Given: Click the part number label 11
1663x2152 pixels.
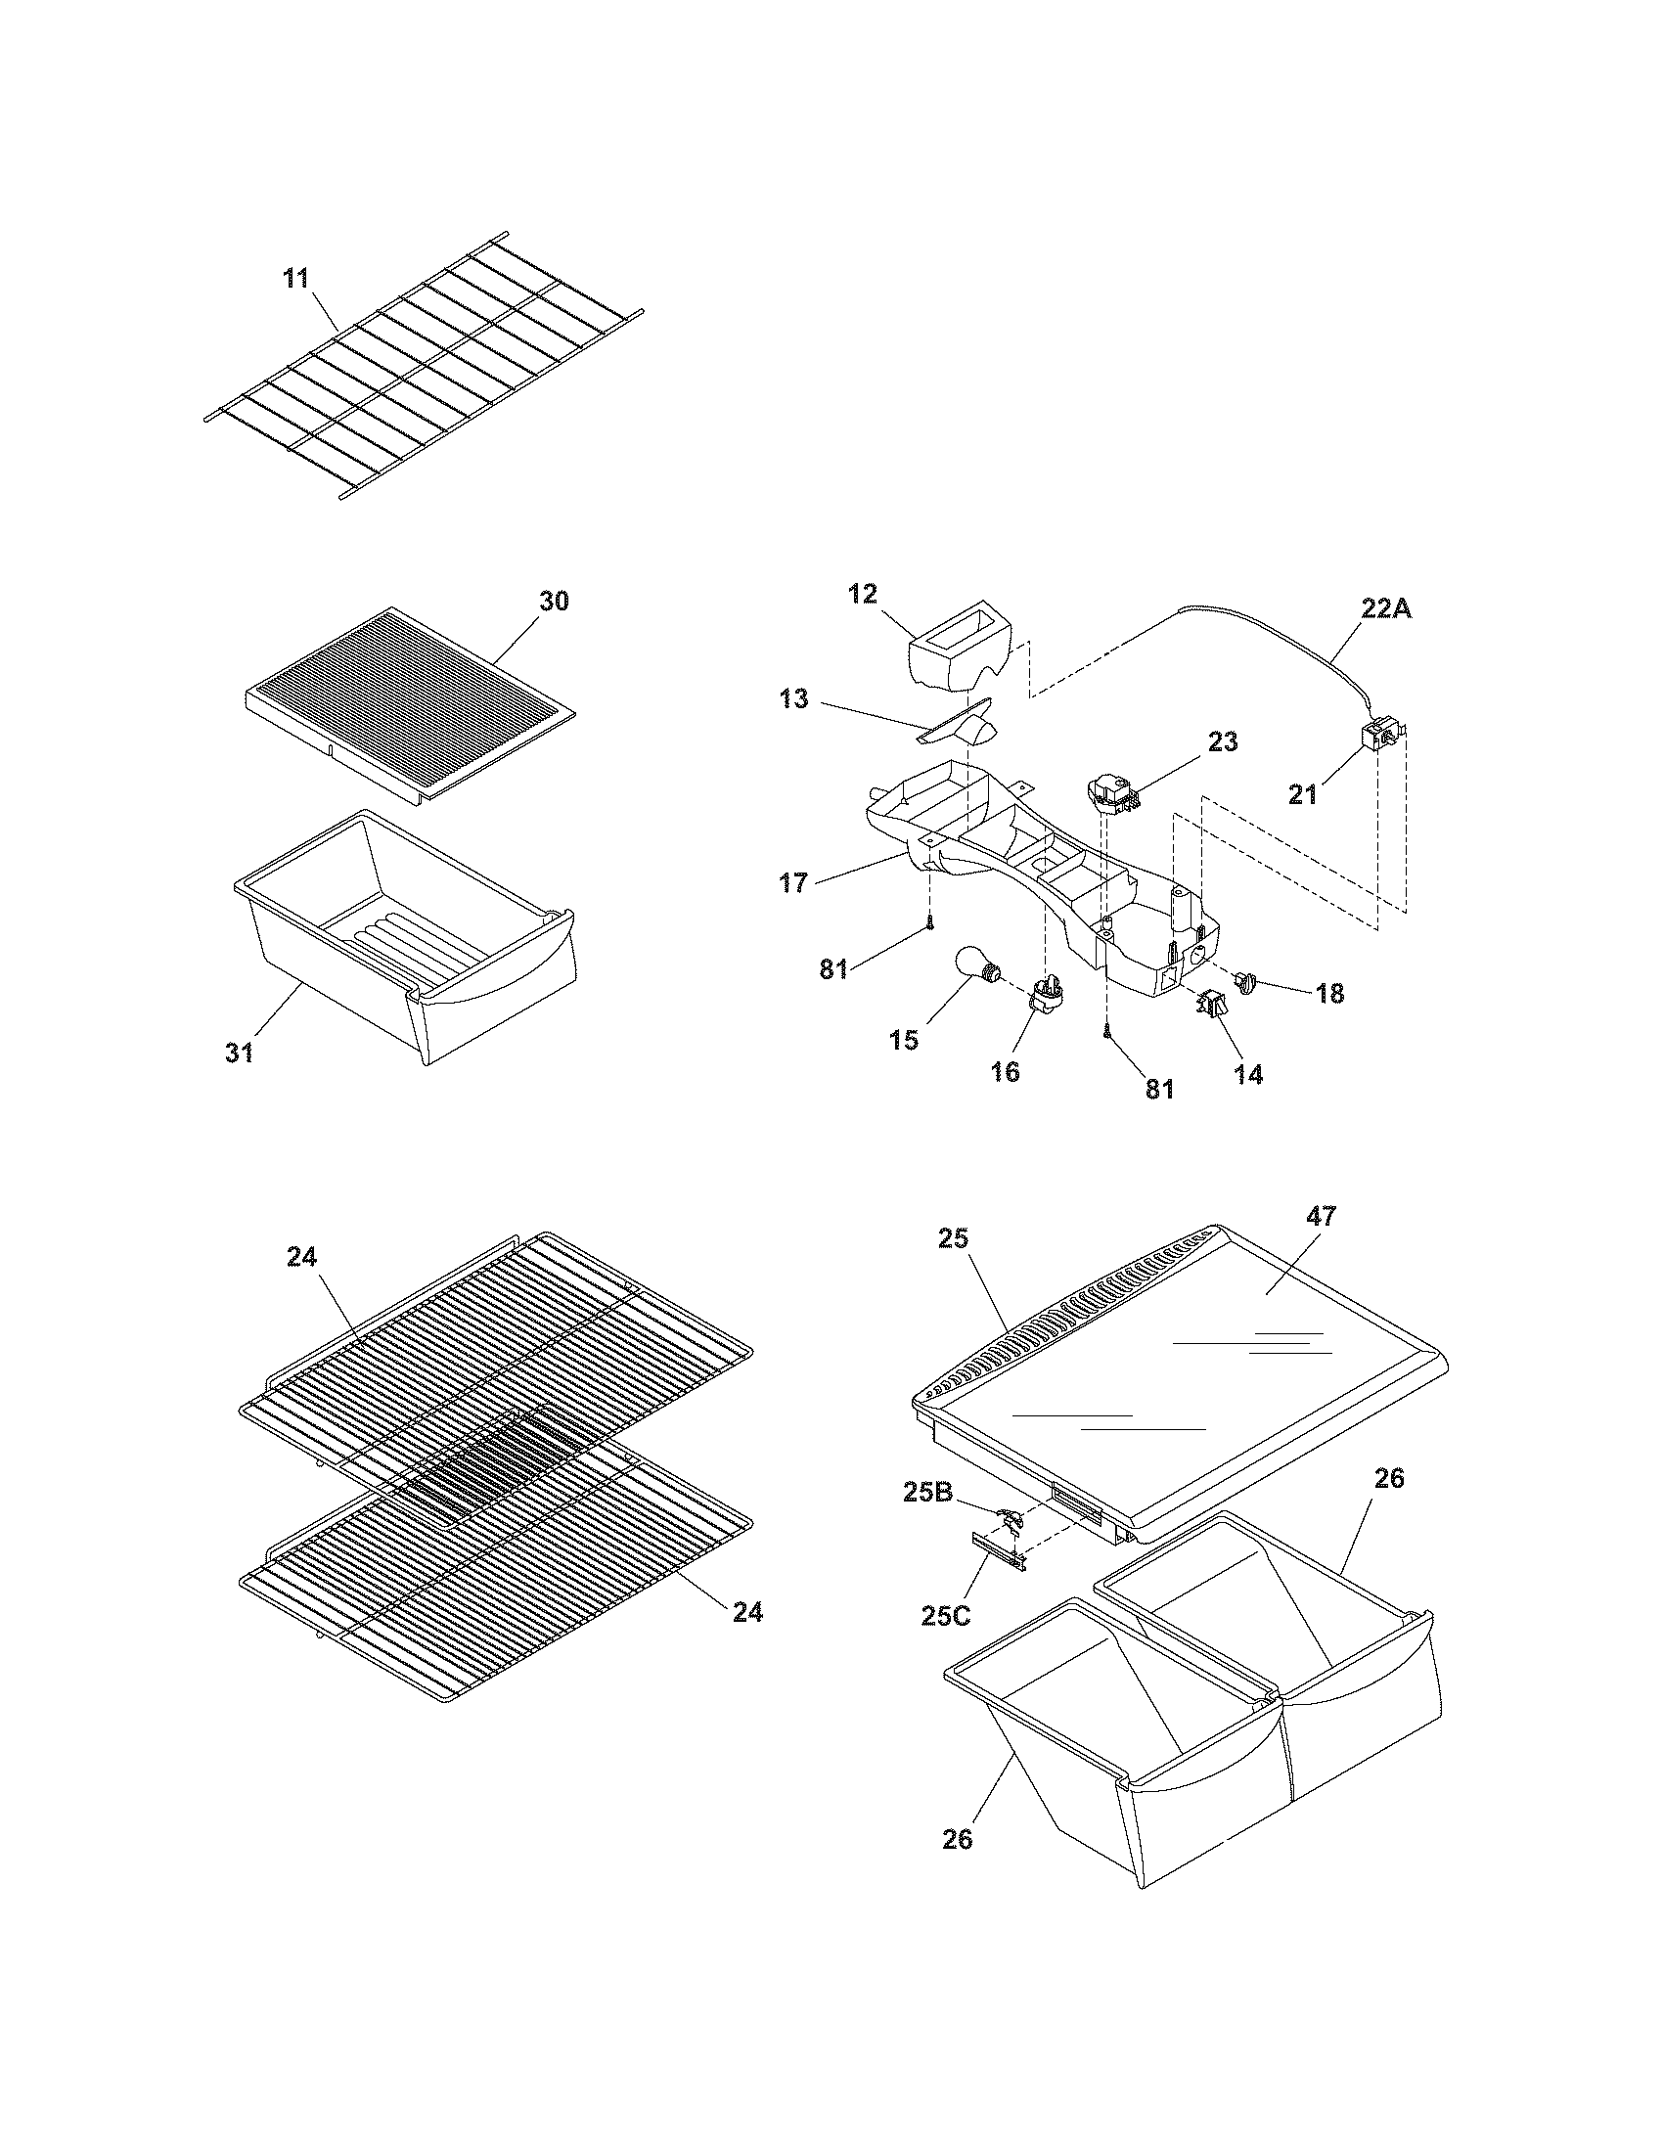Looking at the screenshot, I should [x=295, y=278].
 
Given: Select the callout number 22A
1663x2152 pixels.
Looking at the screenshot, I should [x=1386, y=609].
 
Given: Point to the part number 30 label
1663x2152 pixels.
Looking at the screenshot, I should [x=554, y=600].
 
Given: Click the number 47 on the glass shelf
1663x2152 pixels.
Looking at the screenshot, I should [x=1321, y=1217].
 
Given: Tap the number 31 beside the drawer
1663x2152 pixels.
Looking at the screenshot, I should [x=240, y=1053].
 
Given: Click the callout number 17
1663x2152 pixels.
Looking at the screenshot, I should [x=794, y=883].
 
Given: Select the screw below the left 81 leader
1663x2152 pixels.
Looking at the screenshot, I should [x=928, y=923].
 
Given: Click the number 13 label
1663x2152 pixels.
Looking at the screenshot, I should [x=793, y=699].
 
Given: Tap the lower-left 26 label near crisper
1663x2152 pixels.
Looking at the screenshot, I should [x=957, y=1839].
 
